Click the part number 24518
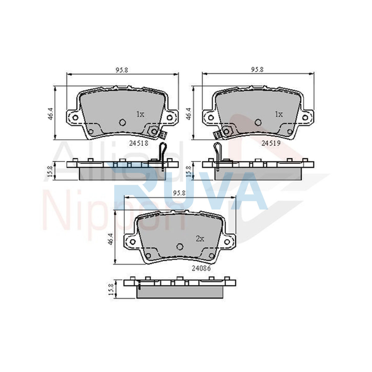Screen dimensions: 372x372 139,143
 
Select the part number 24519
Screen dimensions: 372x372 271,143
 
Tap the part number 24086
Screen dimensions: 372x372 201,268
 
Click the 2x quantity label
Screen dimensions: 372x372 200,239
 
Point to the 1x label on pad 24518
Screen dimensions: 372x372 140,114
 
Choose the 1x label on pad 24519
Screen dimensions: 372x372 279,114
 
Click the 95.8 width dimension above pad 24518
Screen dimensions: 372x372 122,70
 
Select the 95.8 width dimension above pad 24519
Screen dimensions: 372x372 257,69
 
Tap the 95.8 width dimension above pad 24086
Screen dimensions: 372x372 179,193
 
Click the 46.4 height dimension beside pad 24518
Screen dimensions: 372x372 51,114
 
